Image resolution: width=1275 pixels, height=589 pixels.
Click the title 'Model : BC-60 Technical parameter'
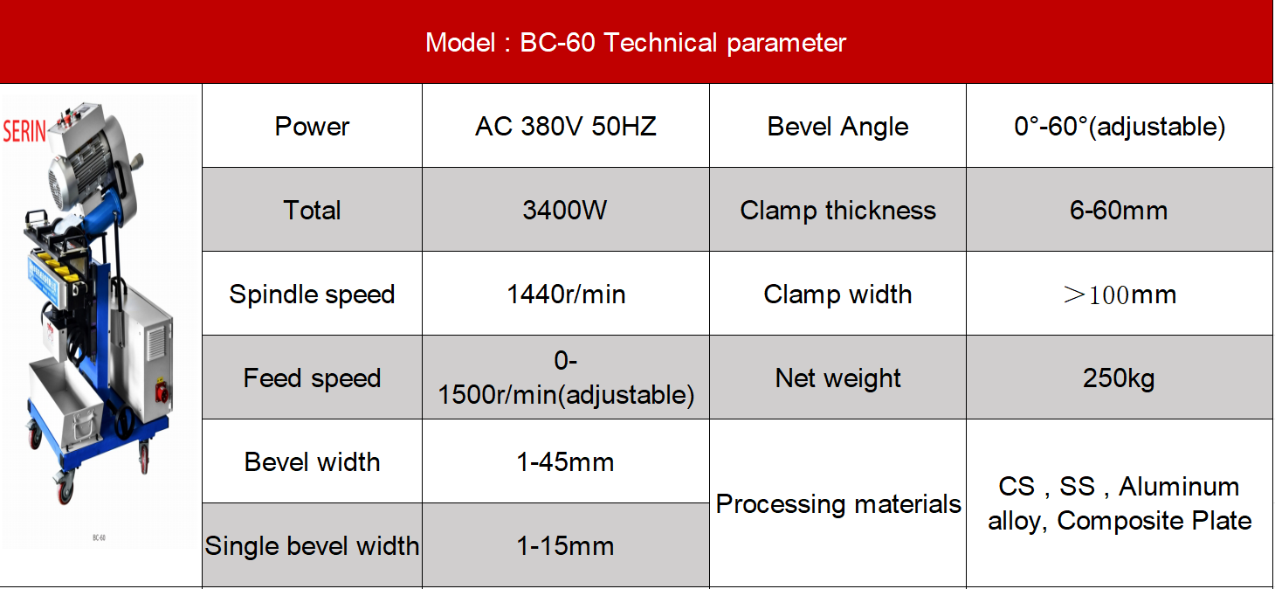click(x=636, y=43)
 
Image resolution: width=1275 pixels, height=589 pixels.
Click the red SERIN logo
click(x=24, y=132)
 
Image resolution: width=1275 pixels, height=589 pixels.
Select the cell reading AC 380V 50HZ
click(x=566, y=126)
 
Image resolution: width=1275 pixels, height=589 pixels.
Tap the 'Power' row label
click(x=312, y=126)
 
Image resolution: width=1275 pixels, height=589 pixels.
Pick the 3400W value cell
click(x=565, y=211)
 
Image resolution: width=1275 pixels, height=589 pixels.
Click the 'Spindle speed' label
click(x=312, y=294)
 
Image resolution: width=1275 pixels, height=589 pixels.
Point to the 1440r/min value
click(x=566, y=294)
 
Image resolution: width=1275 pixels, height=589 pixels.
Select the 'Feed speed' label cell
click(x=312, y=378)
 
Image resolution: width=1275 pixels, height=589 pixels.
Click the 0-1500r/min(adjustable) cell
click(x=566, y=378)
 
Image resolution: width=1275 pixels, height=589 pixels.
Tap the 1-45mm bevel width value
click(x=565, y=462)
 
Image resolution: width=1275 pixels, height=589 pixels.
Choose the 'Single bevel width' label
click(x=312, y=545)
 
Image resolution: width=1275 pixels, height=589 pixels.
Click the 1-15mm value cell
click(x=565, y=545)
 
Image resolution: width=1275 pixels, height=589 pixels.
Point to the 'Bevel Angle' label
click(x=837, y=127)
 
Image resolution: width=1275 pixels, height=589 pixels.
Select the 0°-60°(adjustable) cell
click(x=1120, y=127)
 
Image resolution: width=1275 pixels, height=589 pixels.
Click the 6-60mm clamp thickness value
click(x=1119, y=211)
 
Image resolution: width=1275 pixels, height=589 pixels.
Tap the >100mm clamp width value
click(x=1120, y=294)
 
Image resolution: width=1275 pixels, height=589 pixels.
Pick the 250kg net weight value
click(x=1119, y=378)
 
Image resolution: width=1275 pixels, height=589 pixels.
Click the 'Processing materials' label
click(x=837, y=504)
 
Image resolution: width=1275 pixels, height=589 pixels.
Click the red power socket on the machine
click(x=162, y=392)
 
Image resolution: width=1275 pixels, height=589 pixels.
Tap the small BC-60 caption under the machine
click(x=99, y=537)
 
